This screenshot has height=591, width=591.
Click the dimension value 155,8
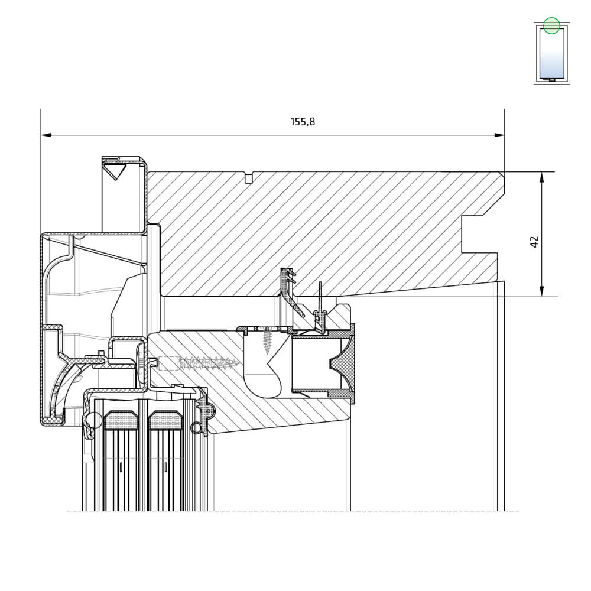(x=302, y=121)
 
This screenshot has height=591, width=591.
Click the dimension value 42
(x=534, y=242)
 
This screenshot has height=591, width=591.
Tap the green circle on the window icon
(x=552, y=25)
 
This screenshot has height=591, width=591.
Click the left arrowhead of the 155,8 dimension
(x=46, y=135)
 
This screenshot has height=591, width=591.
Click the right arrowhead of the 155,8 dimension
(x=499, y=135)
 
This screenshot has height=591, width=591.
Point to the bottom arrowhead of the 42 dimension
(x=541, y=291)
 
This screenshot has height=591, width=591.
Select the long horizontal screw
(x=199, y=363)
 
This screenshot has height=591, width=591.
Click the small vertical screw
(x=268, y=340)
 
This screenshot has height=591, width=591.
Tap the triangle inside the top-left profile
(x=115, y=170)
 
